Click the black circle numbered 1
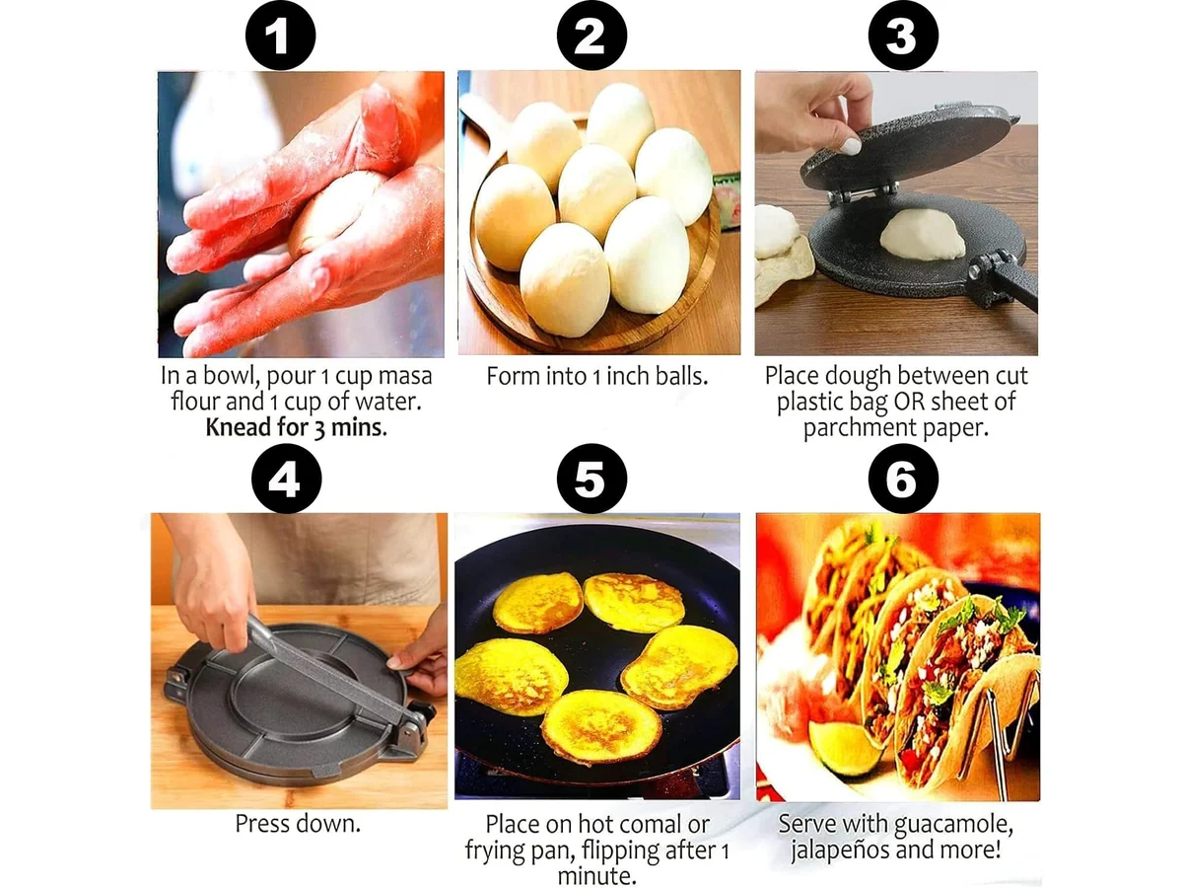(x=280, y=36)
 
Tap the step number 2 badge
(x=591, y=36)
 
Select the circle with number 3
(x=903, y=36)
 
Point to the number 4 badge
(x=286, y=480)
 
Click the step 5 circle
(x=591, y=480)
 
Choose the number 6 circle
(x=903, y=480)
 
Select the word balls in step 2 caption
(x=682, y=376)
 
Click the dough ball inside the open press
(x=922, y=235)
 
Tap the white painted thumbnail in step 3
(x=851, y=146)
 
